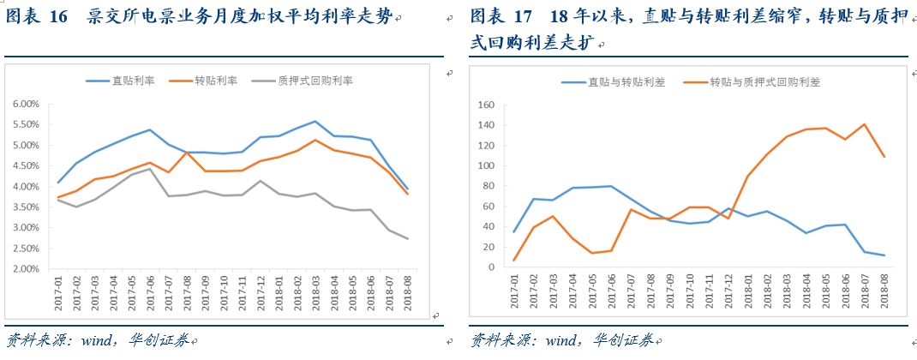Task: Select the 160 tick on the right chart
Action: tap(487, 105)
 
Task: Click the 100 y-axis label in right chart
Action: tap(487, 165)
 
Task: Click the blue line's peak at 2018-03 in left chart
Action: tap(315, 122)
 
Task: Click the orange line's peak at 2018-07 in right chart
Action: tap(864, 124)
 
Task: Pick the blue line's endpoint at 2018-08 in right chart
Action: tap(884, 255)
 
